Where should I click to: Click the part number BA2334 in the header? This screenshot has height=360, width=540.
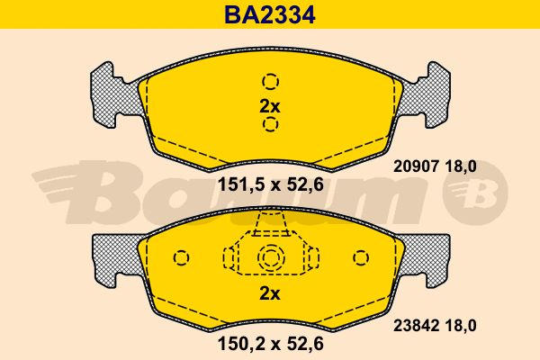coord(270,15)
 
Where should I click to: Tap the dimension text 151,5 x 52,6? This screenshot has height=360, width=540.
coord(271,185)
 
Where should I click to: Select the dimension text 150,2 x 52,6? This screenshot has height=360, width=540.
coord(271,344)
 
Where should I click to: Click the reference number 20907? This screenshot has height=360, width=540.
coord(416,166)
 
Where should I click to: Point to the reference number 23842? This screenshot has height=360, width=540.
coord(416,326)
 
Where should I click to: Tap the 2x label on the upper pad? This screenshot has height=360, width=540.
coord(270,107)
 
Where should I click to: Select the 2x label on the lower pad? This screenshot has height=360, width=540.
coord(270,294)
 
